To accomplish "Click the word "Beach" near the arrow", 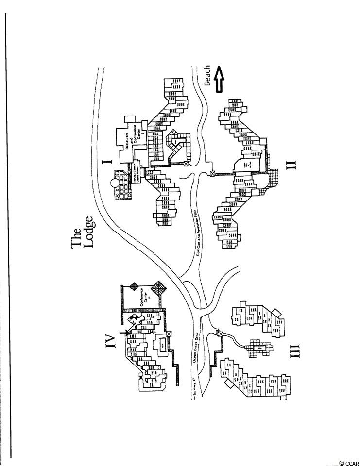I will point(207,75).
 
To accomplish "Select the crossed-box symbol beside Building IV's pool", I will point(169,333).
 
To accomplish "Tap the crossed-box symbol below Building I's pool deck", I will point(186,165).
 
